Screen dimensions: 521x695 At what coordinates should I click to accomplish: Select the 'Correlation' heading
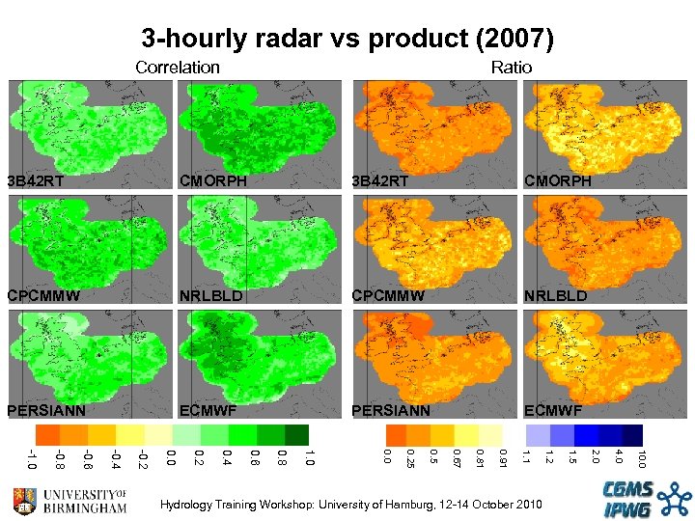coord(178,68)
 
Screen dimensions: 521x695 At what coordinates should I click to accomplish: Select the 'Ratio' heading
coord(511,68)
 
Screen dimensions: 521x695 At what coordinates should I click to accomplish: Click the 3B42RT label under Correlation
coord(36,180)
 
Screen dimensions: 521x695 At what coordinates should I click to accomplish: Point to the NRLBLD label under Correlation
coord(211,295)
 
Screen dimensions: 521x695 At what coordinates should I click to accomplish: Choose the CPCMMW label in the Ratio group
coord(388,295)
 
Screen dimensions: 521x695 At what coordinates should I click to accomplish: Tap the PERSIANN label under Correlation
coord(46,410)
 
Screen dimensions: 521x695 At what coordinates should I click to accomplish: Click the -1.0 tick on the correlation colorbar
coord(33,459)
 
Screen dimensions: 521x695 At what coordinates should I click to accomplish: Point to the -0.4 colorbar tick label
coord(116,459)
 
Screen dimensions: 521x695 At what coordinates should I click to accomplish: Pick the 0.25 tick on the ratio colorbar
coord(410,459)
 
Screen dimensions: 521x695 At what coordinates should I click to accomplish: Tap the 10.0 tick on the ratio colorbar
coord(641,459)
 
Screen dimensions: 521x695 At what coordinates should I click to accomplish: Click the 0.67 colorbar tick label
coord(457,457)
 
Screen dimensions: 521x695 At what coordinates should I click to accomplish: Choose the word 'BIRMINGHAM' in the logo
coord(85,507)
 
